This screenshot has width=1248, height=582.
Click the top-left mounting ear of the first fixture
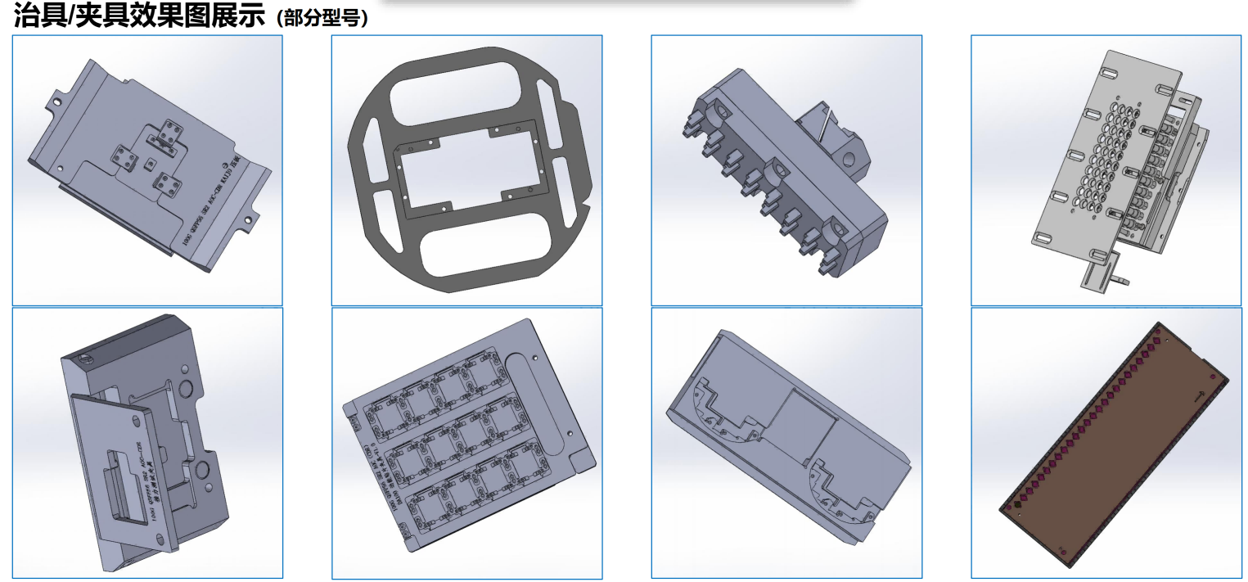click(55, 102)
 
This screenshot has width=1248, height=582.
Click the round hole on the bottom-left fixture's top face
click(83, 358)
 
